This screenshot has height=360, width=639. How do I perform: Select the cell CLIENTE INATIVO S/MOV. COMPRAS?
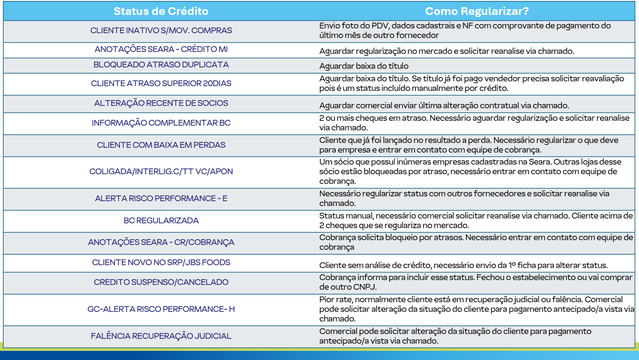click(x=161, y=30)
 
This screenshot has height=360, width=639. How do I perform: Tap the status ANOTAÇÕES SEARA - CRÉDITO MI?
click(x=161, y=50)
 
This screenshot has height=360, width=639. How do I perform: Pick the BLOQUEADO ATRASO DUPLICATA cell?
click(x=161, y=64)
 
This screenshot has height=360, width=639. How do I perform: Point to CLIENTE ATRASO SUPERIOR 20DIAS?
click(x=161, y=83)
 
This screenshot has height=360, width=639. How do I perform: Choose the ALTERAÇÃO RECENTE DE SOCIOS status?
click(x=161, y=103)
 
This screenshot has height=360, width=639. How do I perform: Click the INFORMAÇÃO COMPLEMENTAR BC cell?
click(x=161, y=123)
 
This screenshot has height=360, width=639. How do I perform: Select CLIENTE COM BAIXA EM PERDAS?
click(x=161, y=145)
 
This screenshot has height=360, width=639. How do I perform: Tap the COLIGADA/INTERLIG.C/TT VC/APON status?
click(x=161, y=172)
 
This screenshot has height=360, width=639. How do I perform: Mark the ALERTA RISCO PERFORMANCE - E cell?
click(x=161, y=198)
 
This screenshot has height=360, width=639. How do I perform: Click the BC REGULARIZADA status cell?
click(x=161, y=220)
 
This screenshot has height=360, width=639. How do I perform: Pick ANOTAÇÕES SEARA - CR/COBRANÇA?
click(x=161, y=243)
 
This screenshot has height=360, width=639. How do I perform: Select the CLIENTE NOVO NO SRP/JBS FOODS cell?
click(x=161, y=262)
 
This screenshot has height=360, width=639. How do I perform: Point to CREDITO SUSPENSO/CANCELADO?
click(x=161, y=282)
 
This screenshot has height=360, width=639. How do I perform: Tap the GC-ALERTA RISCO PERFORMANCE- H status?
click(x=161, y=309)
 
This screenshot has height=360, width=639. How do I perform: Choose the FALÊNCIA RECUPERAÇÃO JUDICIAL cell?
click(x=161, y=336)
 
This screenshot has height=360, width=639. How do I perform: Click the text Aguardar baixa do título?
click(x=364, y=66)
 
